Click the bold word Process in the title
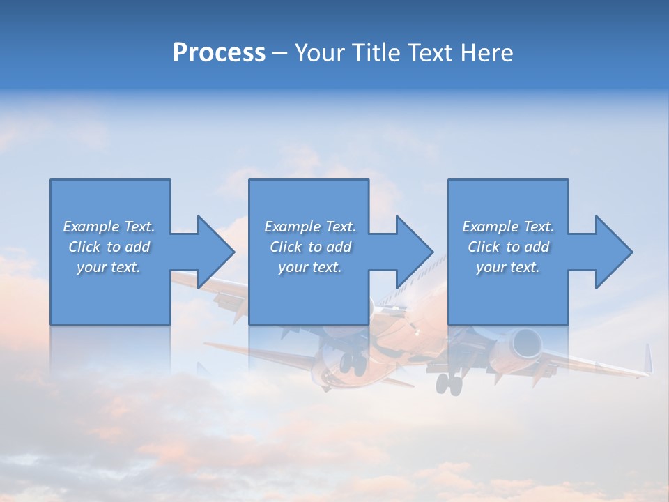[x=219, y=53]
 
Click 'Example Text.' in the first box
[x=109, y=227]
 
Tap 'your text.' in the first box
[x=109, y=267]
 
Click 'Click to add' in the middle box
[x=310, y=247]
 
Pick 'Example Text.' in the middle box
[x=310, y=227]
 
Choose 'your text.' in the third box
[x=507, y=267]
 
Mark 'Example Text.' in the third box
[x=507, y=227]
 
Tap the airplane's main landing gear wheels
[x=449, y=383]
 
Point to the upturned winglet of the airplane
[x=648, y=359]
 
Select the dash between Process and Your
[x=279, y=53]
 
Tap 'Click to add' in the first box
[x=109, y=247]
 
